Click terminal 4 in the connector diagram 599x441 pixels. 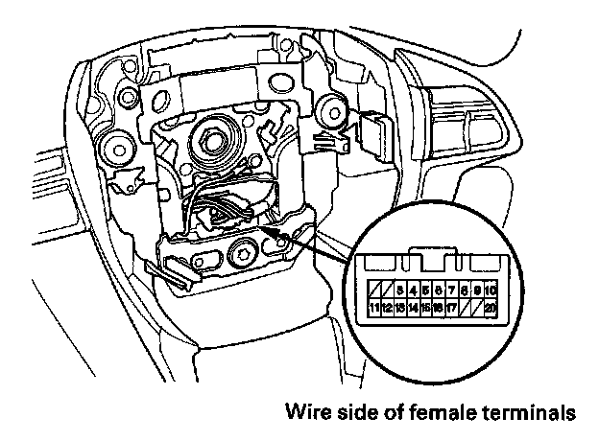tap(412, 289)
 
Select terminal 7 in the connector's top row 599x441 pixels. tap(451, 289)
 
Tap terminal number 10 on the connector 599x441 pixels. tap(491, 289)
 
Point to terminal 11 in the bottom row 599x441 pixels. tap(374, 308)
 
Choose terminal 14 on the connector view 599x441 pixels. tap(412, 308)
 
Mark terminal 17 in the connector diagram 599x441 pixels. tap(451, 308)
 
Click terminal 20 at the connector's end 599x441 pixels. tap(491, 308)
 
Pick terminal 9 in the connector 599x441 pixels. tap(477, 289)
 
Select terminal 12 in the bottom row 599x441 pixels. tap(387, 308)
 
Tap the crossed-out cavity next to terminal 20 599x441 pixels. tap(477, 308)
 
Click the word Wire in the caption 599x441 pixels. tap(305, 414)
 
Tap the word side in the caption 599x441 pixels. tap(351, 414)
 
